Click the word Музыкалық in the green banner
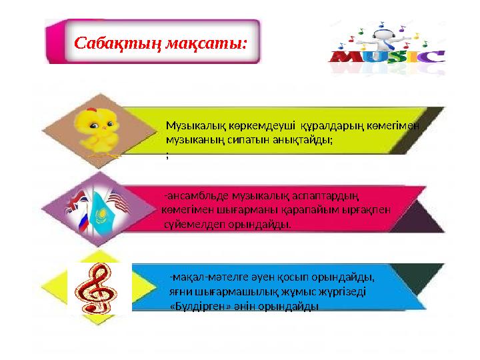[x=196, y=125]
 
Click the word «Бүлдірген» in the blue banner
[x=197, y=306]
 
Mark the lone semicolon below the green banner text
[x=167, y=155]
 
